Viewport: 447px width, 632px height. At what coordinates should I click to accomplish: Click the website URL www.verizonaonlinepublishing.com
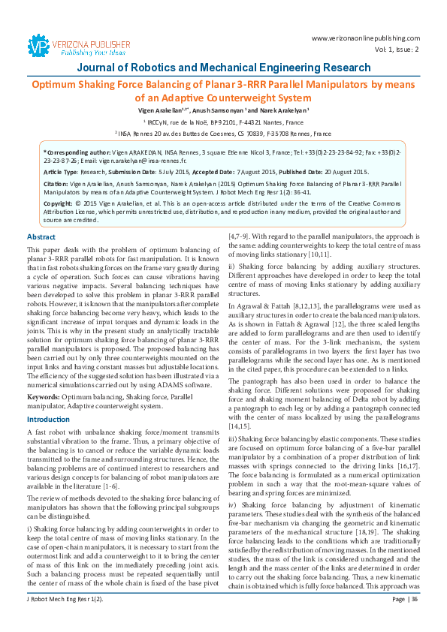coord(364,38)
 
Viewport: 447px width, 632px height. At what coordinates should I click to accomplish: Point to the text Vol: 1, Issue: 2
coord(395,49)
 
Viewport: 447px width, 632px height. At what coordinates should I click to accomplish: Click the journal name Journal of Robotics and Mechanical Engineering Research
coord(222,68)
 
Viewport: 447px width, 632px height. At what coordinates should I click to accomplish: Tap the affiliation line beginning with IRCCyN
coord(222,121)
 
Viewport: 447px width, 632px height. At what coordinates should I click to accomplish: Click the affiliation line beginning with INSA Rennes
coord(222,134)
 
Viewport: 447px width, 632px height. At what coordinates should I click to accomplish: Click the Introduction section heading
coord(48,419)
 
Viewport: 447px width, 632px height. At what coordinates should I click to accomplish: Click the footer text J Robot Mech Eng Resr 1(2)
coord(65,619)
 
